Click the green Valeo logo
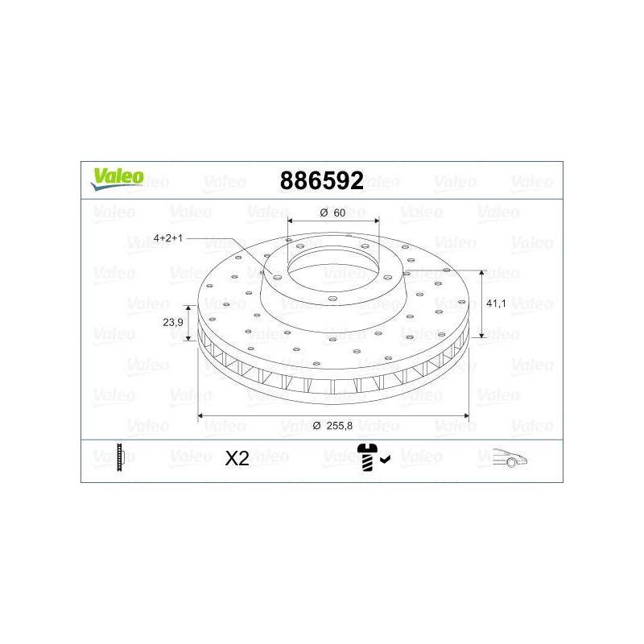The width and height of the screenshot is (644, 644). tap(118, 179)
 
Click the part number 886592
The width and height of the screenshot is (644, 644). tap(321, 180)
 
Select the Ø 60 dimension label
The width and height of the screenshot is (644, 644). tap(332, 213)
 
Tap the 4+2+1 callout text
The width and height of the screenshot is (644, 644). tap(168, 237)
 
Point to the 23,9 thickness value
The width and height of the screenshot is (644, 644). tap(173, 323)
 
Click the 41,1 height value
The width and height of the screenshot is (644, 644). tap(496, 303)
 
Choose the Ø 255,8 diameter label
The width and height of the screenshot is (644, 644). tap(332, 426)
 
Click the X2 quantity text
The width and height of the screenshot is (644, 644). tap(237, 458)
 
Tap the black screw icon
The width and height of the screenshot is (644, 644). tap(367, 457)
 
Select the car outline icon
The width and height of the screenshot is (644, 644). tap(510, 457)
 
